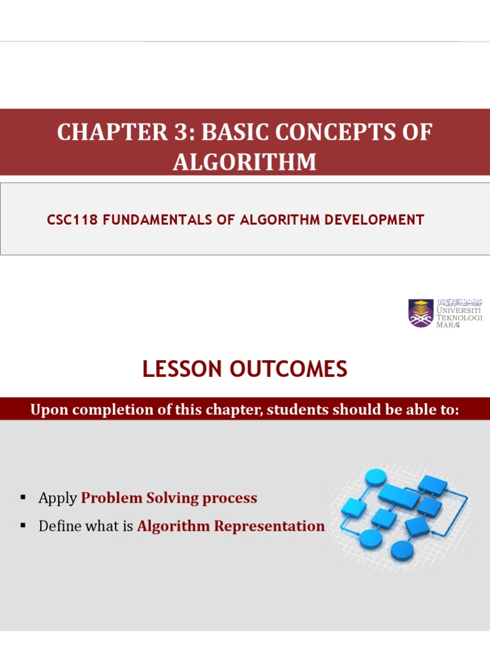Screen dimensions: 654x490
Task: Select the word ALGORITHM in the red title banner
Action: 244,162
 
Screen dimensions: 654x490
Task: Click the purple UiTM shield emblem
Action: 421,313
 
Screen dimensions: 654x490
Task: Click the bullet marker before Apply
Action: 23,498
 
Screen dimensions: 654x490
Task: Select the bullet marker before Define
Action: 23,526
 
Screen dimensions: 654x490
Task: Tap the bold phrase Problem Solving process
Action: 169,498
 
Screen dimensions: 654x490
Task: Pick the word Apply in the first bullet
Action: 57,498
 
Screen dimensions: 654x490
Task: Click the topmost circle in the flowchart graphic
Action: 376,476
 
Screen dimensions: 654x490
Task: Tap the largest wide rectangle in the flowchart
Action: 399,493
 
